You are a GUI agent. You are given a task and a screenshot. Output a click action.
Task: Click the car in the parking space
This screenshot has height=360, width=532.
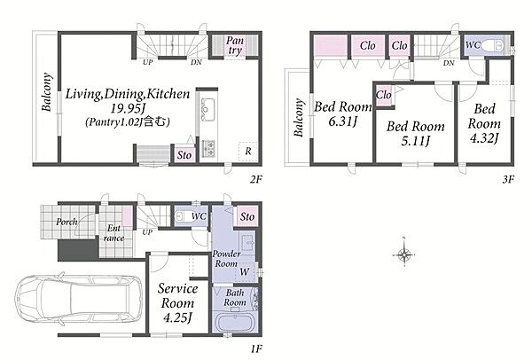(x=80, y=299)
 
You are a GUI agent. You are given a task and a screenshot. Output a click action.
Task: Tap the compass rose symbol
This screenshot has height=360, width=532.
(x=404, y=254)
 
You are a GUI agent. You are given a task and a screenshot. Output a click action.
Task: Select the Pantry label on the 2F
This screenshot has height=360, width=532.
(x=235, y=45)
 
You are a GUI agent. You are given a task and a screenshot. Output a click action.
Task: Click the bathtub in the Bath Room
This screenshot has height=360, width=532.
(x=235, y=323)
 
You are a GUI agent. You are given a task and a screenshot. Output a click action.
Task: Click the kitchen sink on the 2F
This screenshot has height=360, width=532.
(x=207, y=109)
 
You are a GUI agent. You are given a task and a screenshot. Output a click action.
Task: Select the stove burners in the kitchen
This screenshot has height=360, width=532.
(x=208, y=148)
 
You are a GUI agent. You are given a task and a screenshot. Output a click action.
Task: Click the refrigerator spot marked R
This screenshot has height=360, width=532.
(x=248, y=151)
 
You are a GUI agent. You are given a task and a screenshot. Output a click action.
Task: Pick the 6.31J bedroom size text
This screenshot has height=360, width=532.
(x=342, y=121)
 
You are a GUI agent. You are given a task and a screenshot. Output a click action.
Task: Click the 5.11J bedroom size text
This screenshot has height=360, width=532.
(x=416, y=140)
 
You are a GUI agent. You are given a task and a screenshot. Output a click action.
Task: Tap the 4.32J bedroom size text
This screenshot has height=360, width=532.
(x=484, y=138)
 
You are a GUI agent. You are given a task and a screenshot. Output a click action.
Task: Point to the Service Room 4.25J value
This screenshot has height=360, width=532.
(x=178, y=317)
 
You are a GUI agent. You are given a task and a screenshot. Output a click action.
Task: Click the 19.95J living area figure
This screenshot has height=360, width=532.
(x=128, y=108)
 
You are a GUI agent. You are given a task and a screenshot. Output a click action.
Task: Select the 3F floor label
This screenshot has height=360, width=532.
(x=508, y=179)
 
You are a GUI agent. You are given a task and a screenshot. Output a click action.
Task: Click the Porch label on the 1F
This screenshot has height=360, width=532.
(x=66, y=222)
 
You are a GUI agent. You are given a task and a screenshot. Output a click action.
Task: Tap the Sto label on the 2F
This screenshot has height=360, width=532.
(x=184, y=155)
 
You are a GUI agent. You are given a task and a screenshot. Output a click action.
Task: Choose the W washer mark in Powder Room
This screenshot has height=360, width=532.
(x=245, y=271)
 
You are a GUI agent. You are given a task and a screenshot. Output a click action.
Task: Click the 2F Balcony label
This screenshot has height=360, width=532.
(x=47, y=92)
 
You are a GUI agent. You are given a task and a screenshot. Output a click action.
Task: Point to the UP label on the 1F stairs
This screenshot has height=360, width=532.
(x=147, y=232)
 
